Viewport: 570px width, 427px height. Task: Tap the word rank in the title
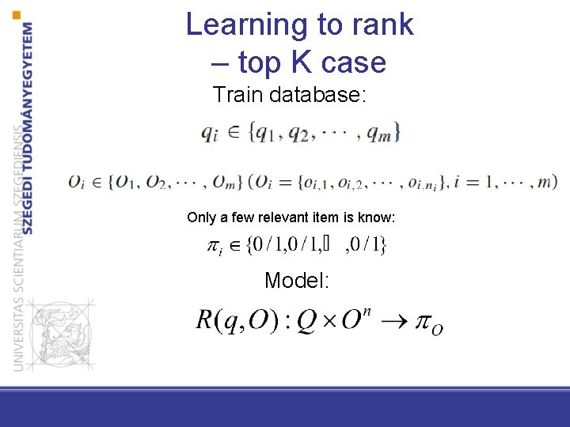pos(379,25)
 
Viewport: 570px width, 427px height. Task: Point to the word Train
pos(238,96)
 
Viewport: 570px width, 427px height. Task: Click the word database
pos(317,96)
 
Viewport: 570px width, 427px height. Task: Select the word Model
pos(297,280)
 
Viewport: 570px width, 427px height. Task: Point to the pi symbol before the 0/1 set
pos(214,248)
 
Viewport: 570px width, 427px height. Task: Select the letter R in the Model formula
pos(205,320)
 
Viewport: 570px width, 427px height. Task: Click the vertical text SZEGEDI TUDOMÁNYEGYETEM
pos(28,127)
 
